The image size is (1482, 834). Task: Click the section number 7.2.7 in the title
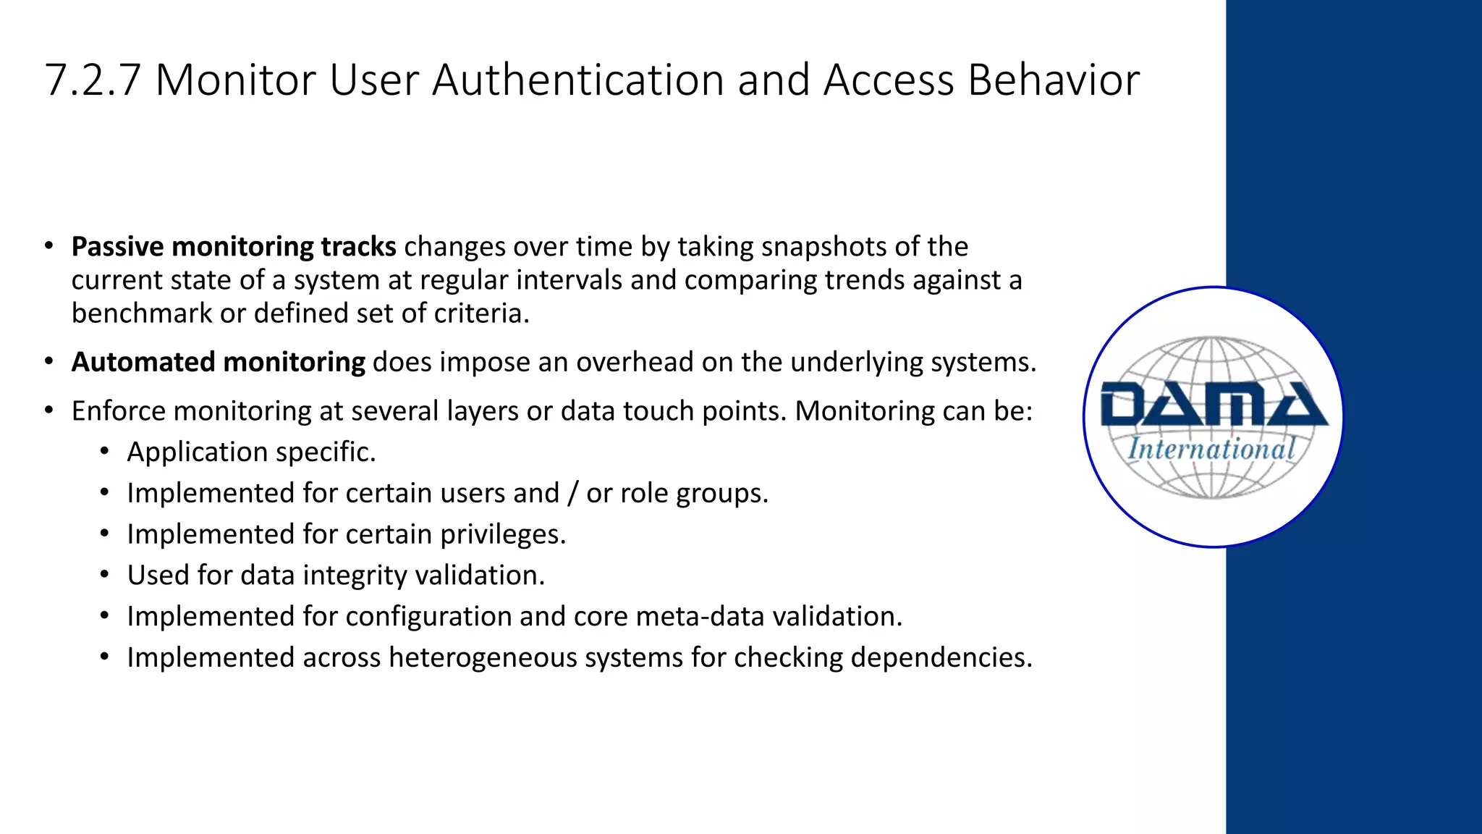pyautogui.click(x=92, y=80)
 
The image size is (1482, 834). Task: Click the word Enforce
pyautogui.click(x=119, y=411)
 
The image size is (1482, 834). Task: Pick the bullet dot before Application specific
pyautogui.click(x=105, y=452)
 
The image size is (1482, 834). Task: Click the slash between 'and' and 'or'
pyautogui.click(x=573, y=493)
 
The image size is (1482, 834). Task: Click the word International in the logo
pyautogui.click(x=1212, y=449)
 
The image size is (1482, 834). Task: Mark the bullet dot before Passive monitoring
pyautogui.click(x=48, y=247)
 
